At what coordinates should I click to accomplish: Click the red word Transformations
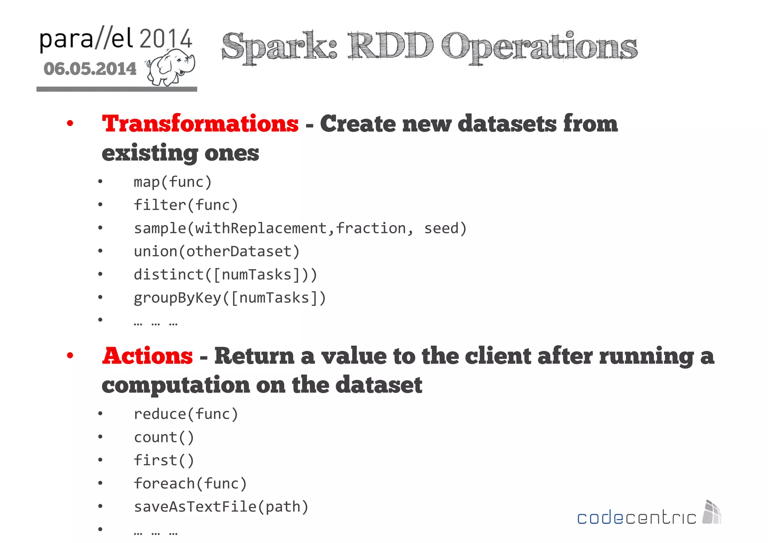pyautogui.click(x=200, y=123)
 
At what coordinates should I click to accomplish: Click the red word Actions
pyautogui.click(x=147, y=356)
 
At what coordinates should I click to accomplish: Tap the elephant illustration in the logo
pyautogui.click(x=171, y=67)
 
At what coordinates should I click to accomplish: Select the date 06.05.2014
pyautogui.click(x=90, y=69)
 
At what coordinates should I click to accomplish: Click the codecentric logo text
pyautogui.click(x=636, y=518)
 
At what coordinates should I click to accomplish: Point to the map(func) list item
pyautogui.click(x=173, y=182)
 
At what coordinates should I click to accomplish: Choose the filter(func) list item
pyautogui.click(x=186, y=205)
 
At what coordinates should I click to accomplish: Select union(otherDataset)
pyautogui.click(x=217, y=251)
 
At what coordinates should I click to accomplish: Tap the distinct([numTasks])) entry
pyautogui.click(x=225, y=275)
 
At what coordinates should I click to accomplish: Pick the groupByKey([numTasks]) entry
pyautogui.click(x=230, y=298)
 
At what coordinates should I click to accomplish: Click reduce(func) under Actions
pyautogui.click(x=186, y=414)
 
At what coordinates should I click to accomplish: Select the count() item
pyautogui.click(x=164, y=438)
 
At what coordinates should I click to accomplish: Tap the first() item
pyautogui.click(x=164, y=460)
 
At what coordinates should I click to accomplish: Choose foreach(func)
pyautogui.click(x=190, y=484)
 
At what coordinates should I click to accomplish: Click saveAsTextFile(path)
pyautogui.click(x=221, y=507)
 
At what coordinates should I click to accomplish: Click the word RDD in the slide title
pyautogui.click(x=390, y=47)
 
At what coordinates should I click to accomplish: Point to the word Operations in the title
pyautogui.click(x=539, y=47)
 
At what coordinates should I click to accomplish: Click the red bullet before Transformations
pyautogui.click(x=70, y=123)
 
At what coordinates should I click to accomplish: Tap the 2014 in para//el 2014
pyautogui.click(x=166, y=39)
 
